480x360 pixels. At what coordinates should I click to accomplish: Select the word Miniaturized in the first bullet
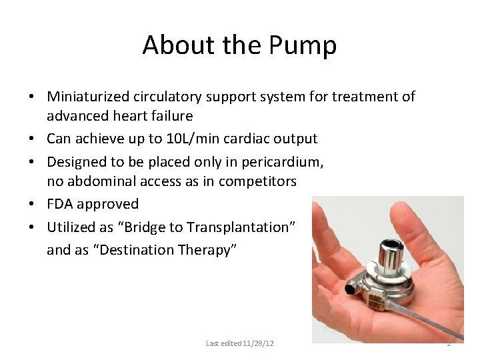pyautogui.click(x=89, y=97)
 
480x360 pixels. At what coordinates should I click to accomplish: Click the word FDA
pyautogui.click(x=61, y=204)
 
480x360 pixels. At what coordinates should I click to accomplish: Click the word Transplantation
pyautogui.click(x=232, y=227)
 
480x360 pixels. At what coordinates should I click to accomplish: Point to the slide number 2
pyautogui.click(x=449, y=343)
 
